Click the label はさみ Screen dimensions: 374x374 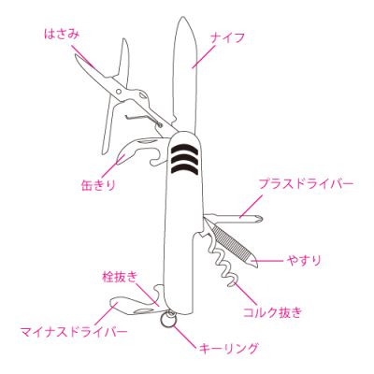pyautogui.click(x=62, y=34)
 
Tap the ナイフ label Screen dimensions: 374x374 pyautogui.click(x=227, y=38)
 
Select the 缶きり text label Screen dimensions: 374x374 pyautogui.click(x=98, y=185)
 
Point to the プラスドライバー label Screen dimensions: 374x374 pyautogui.click(x=307, y=184)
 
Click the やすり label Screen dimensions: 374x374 pyautogui.click(x=304, y=260)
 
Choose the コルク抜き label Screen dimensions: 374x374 pyautogui.click(x=272, y=311)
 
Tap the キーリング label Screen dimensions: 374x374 pyautogui.click(x=229, y=347)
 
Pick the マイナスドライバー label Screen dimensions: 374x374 pyautogui.click(x=74, y=331)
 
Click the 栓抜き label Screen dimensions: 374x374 pyautogui.click(x=120, y=277)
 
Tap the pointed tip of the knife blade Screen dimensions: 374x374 pyautogui.click(x=182, y=18)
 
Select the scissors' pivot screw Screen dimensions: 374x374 pyautogui.click(x=119, y=92)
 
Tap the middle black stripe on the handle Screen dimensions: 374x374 pyautogui.click(x=186, y=159)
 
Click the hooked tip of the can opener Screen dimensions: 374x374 pyautogui.click(x=119, y=159)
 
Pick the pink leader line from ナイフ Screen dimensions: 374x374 pyautogui.click(x=204, y=56)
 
